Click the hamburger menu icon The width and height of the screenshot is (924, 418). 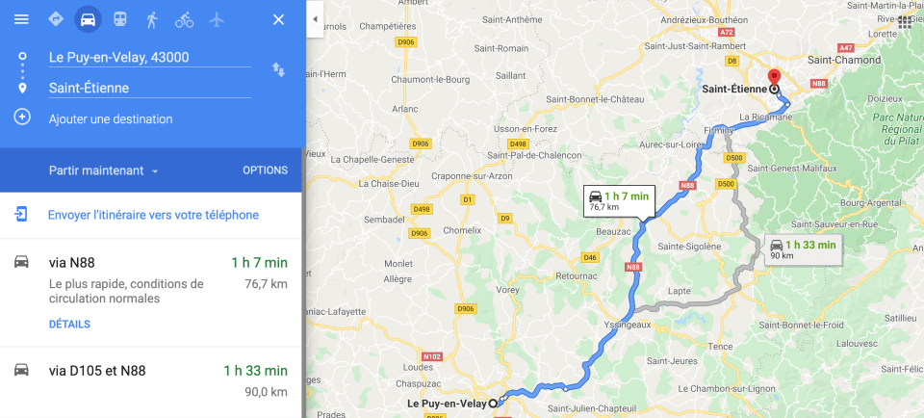21,19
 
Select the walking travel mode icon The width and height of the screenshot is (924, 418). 152,19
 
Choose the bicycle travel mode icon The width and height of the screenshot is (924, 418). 184,19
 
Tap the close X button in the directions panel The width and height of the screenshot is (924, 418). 278,19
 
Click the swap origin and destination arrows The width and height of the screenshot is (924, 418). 278,69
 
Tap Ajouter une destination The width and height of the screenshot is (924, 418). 111,119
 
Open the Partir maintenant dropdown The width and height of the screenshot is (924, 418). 104,170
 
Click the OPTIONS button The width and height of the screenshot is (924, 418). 265,170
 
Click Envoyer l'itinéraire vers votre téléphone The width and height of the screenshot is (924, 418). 153,215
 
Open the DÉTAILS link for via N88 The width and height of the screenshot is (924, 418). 69,325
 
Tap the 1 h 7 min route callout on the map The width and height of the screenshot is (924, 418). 619,199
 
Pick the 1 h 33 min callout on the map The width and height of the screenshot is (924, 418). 803,248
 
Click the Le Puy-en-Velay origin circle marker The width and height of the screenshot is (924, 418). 494,403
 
